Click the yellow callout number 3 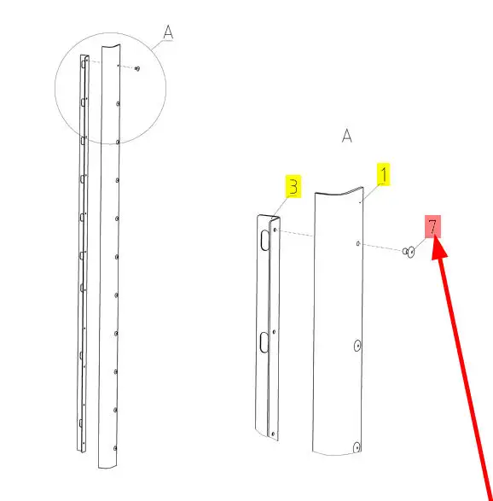pyautogui.click(x=293, y=186)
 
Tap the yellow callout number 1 pyautogui.click(x=384, y=174)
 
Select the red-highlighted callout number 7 pyautogui.click(x=432, y=226)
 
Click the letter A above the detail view pyautogui.click(x=347, y=136)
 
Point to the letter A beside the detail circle pyautogui.click(x=168, y=32)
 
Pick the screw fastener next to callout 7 pyautogui.click(x=409, y=252)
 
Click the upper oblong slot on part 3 pyautogui.click(x=265, y=240)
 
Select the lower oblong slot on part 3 pyautogui.click(x=264, y=342)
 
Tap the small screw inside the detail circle pyautogui.click(x=137, y=68)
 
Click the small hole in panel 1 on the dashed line pyautogui.click(x=358, y=244)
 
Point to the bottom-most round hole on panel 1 pyautogui.click(x=357, y=447)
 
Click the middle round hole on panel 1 pyautogui.click(x=357, y=346)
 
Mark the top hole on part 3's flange pyautogui.click(x=275, y=230)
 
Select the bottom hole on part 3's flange pyautogui.click(x=273, y=434)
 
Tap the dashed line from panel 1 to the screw pyautogui.click(x=381, y=248)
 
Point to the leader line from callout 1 pyautogui.click(x=370, y=193)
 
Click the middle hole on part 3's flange pyautogui.click(x=274, y=332)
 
